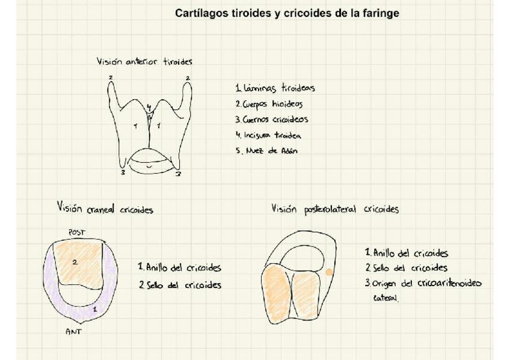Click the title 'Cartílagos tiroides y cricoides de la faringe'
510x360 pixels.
[x=287, y=13]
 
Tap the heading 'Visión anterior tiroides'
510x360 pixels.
[x=144, y=61]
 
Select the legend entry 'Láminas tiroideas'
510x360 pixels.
[x=275, y=88]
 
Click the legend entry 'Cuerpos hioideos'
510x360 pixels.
[x=268, y=104]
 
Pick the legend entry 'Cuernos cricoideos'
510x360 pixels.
[x=272, y=120]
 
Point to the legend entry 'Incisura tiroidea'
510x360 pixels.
[x=268, y=135]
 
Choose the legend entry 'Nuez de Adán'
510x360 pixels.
[x=266, y=151]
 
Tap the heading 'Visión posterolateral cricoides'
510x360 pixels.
[x=334, y=209]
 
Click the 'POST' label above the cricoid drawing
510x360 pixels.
[x=77, y=233]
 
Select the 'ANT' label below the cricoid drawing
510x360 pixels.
[x=73, y=331]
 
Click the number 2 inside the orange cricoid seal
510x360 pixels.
[x=75, y=262]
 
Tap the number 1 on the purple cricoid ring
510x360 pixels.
[x=94, y=308]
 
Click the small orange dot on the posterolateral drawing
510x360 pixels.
[x=329, y=272]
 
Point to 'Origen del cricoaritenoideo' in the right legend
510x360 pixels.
[x=423, y=284]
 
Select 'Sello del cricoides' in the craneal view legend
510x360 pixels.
[x=179, y=285]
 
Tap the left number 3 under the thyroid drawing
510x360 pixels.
[x=123, y=173]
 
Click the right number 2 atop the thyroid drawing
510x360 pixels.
[x=187, y=78]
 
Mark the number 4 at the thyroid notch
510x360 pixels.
[x=149, y=107]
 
